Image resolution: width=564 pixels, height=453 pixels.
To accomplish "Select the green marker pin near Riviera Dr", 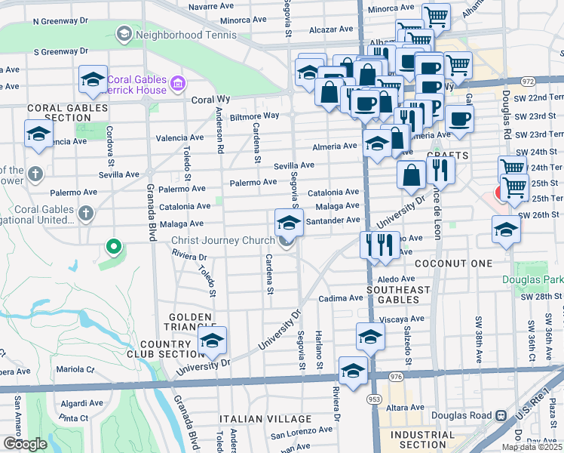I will [113, 246].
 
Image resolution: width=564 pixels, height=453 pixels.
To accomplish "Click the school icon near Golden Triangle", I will [213, 342].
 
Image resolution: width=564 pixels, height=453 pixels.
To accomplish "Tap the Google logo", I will [25, 444].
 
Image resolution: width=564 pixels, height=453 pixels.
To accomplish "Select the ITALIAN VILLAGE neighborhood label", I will [265, 419].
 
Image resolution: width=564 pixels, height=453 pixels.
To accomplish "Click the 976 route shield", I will [397, 376].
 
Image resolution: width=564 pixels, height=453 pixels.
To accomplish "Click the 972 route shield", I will [527, 82].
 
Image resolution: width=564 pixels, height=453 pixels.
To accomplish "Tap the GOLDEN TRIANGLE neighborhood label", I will [189, 322].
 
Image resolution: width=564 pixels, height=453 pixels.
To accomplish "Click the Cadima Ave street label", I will [341, 298].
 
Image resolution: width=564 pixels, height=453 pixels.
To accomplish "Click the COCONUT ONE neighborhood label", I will [452, 263].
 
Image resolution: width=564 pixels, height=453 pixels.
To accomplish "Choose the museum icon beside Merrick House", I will [178, 82].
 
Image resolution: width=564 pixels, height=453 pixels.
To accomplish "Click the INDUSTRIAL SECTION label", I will [423, 439].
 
